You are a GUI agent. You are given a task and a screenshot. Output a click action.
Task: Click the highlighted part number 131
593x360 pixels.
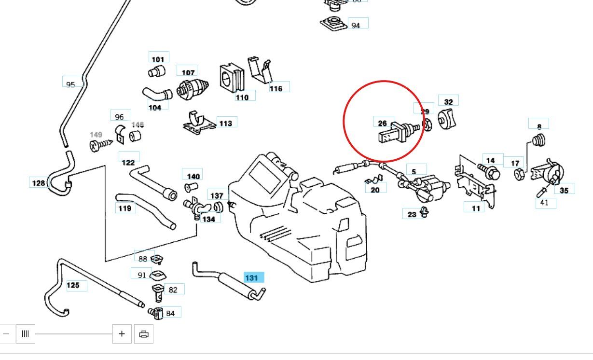click(251, 277)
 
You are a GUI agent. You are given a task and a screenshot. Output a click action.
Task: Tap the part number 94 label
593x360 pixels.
click(356, 25)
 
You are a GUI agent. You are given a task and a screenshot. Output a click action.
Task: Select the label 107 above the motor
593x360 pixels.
click(188, 72)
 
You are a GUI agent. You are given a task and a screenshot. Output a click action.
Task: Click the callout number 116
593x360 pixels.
click(276, 88)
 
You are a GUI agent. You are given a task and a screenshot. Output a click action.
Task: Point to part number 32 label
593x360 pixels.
click(449, 101)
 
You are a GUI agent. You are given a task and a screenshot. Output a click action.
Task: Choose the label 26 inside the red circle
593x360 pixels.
click(383, 123)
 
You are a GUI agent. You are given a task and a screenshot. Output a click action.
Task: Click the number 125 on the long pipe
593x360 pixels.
click(73, 285)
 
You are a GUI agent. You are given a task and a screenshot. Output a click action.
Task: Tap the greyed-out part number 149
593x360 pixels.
click(96, 135)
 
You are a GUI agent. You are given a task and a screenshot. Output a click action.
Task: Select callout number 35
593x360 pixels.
click(564, 190)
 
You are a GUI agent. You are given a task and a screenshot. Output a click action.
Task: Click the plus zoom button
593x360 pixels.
click(122, 333)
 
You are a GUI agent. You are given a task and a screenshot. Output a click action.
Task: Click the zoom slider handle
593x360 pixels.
click(26, 333)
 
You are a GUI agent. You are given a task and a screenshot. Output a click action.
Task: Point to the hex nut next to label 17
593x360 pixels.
click(518, 174)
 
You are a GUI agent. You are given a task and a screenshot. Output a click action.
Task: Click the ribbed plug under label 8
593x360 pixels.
click(538, 140)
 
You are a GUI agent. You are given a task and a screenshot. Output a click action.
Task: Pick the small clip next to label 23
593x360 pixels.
click(424, 211)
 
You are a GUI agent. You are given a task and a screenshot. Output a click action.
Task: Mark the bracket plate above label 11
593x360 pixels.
click(473, 183)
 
